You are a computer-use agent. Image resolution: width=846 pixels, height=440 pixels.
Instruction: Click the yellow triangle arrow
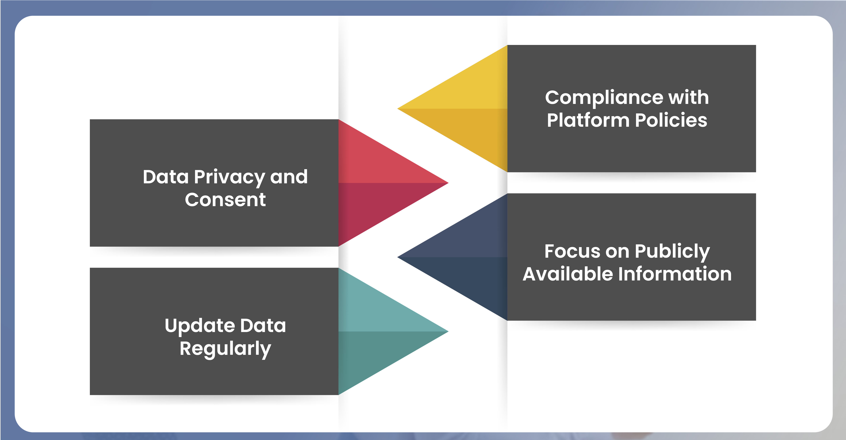tap(470, 108)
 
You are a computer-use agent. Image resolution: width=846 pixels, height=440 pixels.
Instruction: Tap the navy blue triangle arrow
tap(470, 257)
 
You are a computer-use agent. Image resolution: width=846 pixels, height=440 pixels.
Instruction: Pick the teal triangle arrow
tap(376, 331)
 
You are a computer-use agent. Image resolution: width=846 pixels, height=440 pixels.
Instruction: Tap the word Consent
tap(225, 200)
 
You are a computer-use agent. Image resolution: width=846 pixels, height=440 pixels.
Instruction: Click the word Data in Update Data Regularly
tap(263, 326)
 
